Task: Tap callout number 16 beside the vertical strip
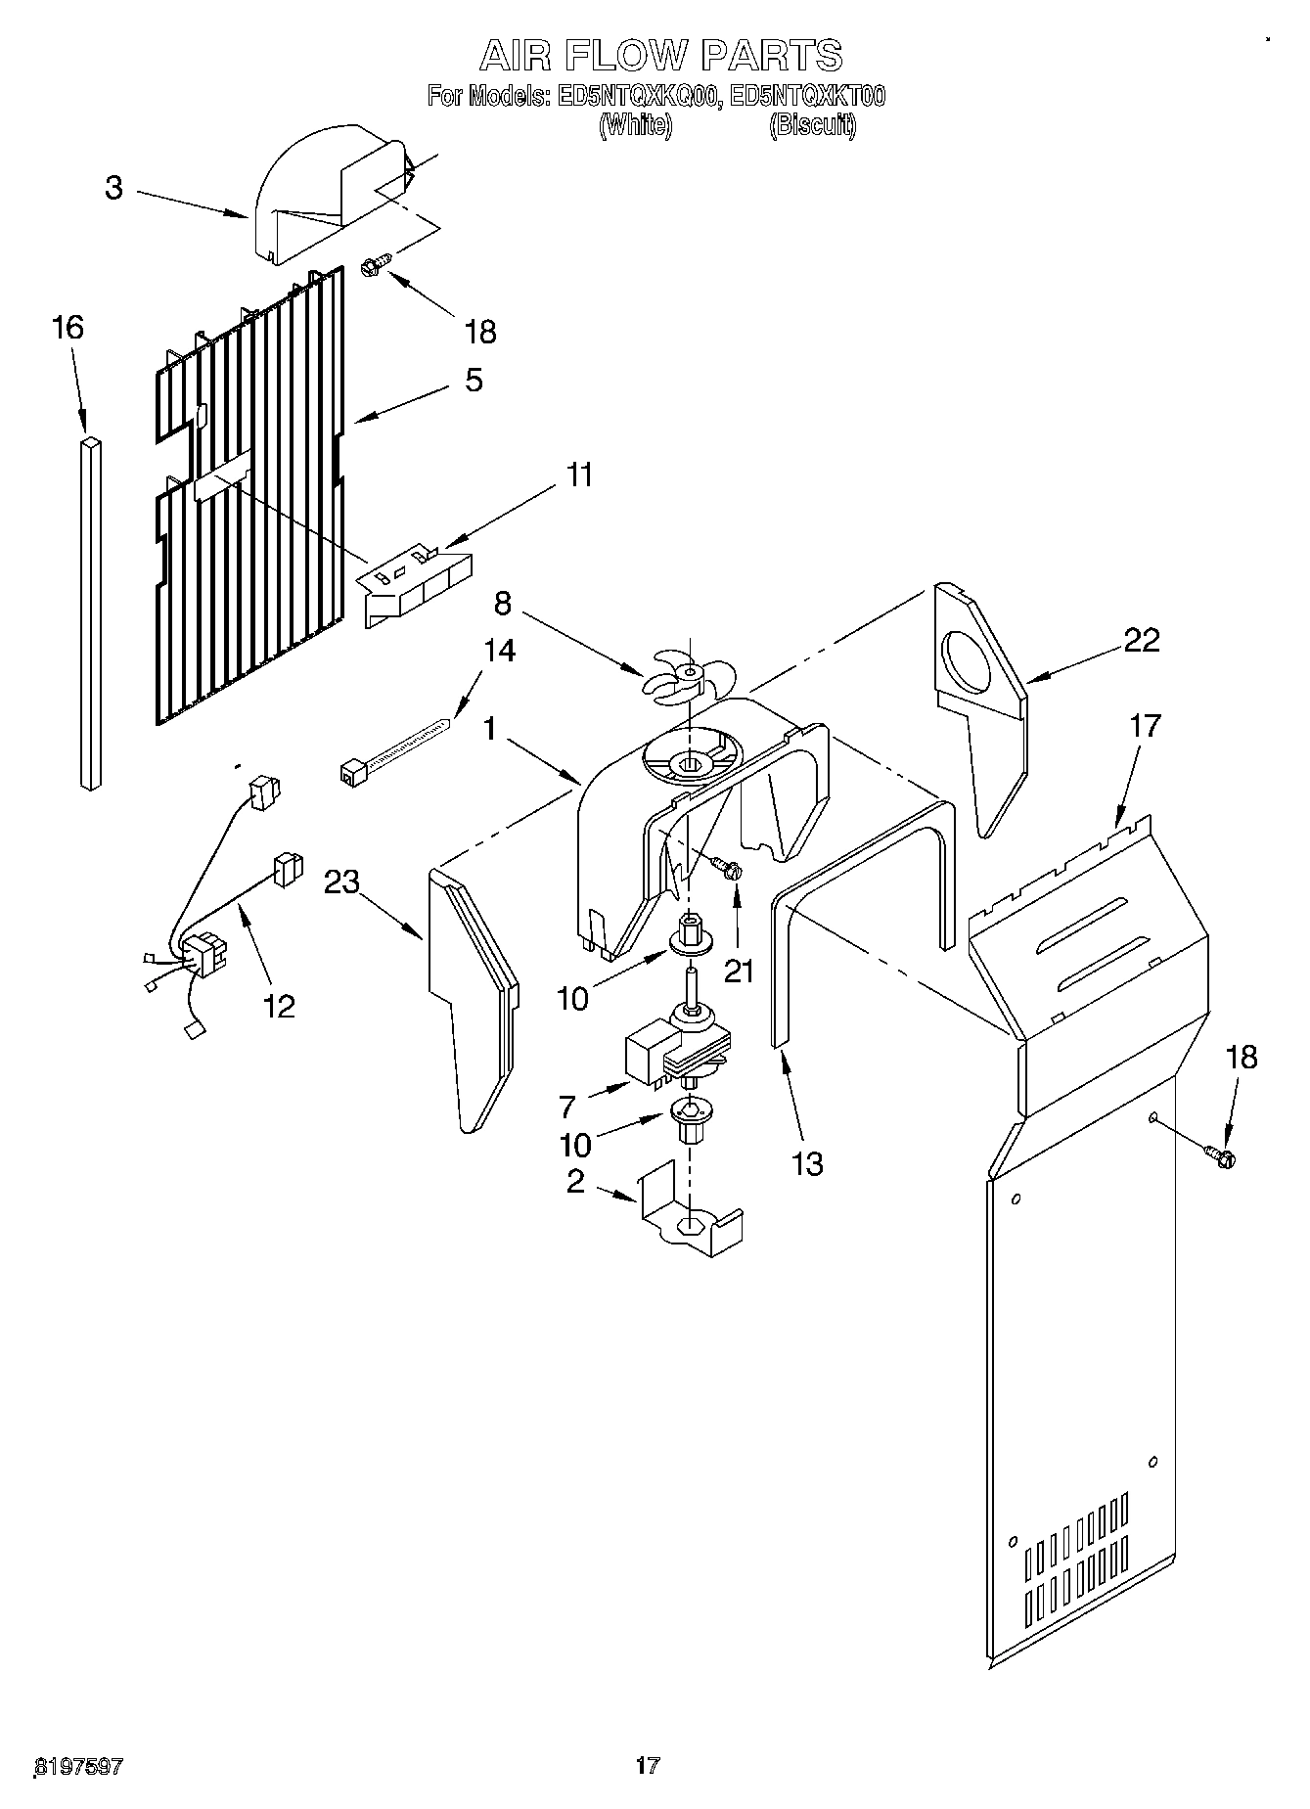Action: (67, 328)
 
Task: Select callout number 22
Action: (1141, 640)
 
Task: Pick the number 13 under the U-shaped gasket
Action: (807, 1163)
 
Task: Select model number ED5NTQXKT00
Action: (808, 96)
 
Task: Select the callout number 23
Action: (341, 882)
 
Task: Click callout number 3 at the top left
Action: (113, 188)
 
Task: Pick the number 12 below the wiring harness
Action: (279, 1005)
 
